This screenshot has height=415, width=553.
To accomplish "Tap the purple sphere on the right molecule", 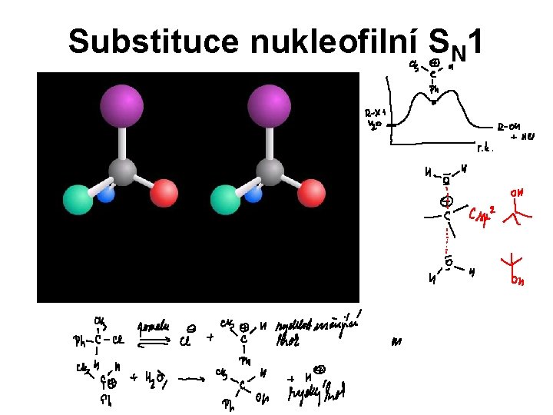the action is click(x=270, y=105).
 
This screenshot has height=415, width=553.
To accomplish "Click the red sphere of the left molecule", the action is click(x=164, y=193).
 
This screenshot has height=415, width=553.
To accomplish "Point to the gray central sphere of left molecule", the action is click(x=122, y=173).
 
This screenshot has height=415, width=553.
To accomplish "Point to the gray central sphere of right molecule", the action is click(x=269, y=173).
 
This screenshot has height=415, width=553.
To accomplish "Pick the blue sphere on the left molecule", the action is click(x=106, y=195).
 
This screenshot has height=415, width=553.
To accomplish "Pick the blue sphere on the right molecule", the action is click(x=253, y=195).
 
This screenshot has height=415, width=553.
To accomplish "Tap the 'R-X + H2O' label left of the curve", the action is click(x=376, y=121).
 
